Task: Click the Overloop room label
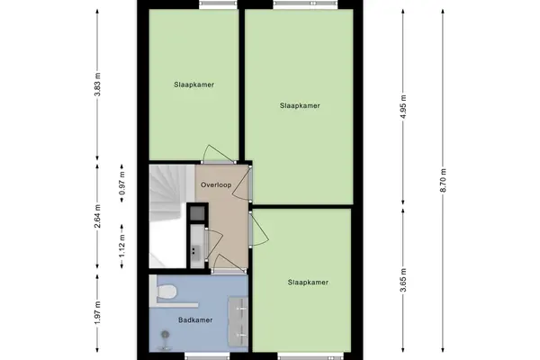(216, 185)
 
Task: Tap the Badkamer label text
(195, 320)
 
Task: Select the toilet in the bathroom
(166, 292)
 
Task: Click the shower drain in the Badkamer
(166, 334)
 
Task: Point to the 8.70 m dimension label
(443, 180)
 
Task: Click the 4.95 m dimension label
(403, 106)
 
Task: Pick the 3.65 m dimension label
(403, 280)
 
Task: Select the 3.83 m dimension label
(97, 84)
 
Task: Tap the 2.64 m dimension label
(97, 216)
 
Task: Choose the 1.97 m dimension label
(97, 312)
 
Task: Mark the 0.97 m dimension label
(121, 183)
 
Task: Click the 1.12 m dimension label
(121, 246)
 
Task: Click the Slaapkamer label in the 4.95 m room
(300, 106)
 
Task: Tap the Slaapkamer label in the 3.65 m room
(308, 283)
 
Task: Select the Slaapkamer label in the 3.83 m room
(193, 85)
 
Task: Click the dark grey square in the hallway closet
(198, 212)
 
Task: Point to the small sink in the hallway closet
(196, 250)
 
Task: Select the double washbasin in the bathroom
(238, 320)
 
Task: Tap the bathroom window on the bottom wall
(207, 355)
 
